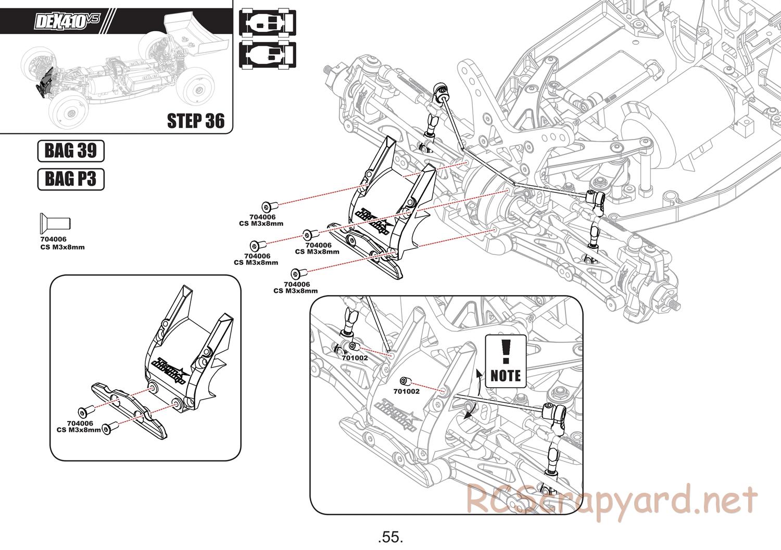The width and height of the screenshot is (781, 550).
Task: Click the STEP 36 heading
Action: [196, 121]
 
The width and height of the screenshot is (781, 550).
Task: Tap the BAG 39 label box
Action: [71, 151]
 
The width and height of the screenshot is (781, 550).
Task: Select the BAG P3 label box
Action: [71, 179]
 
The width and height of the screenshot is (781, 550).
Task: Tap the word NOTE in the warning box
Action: [506, 376]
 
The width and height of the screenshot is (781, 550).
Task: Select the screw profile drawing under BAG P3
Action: [55, 221]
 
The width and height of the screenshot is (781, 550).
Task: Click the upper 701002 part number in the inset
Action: [355, 357]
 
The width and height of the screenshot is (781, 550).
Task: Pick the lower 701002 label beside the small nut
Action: [407, 391]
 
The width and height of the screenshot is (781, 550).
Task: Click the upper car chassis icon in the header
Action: [268, 24]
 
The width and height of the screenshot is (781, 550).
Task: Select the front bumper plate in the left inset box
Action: [129, 411]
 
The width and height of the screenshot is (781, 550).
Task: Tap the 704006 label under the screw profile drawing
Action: [53, 239]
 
